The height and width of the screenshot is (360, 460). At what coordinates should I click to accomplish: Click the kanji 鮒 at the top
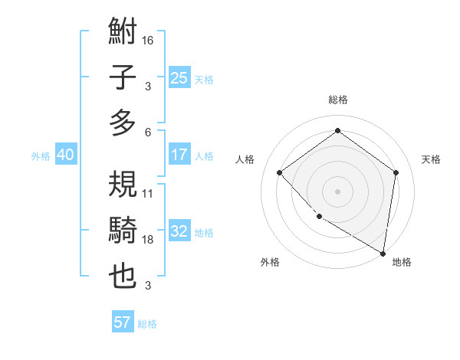pyautogui.click(x=123, y=33)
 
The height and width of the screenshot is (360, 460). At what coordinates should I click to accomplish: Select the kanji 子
pyautogui.click(x=123, y=78)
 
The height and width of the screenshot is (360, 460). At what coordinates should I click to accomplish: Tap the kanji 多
pyautogui.click(x=123, y=123)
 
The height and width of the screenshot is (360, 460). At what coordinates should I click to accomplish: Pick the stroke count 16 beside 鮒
pyautogui.click(x=148, y=40)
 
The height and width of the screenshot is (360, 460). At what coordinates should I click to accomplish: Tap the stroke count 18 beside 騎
pyautogui.click(x=148, y=240)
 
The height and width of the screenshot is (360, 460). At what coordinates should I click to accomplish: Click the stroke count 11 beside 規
pyautogui.click(x=148, y=194)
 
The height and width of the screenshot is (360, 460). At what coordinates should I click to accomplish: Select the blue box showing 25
pyautogui.click(x=179, y=78)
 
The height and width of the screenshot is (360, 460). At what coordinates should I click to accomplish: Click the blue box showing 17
pyautogui.click(x=179, y=155)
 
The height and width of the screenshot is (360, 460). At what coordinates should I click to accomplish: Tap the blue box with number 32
pyautogui.click(x=179, y=232)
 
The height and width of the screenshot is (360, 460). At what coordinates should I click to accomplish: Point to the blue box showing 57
pyautogui.click(x=122, y=322)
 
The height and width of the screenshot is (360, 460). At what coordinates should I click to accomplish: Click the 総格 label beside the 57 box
pyautogui.click(x=147, y=324)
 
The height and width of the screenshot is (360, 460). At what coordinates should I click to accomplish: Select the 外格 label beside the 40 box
pyautogui.click(x=41, y=156)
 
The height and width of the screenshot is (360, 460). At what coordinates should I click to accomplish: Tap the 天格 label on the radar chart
pyautogui.click(x=431, y=159)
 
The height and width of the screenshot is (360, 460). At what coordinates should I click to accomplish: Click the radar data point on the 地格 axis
pyautogui.click(x=383, y=253)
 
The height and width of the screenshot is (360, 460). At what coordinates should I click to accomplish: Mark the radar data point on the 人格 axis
pyautogui.click(x=280, y=172)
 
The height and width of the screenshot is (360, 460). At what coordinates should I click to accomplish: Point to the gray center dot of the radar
pyautogui.click(x=337, y=191)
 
